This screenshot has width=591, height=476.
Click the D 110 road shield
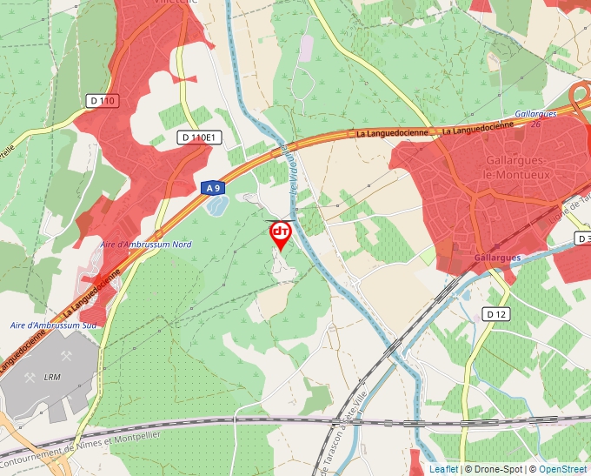pyautogui.click(x=102, y=101)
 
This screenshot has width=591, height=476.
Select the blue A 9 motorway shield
pyautogui.click(x=214, y=187)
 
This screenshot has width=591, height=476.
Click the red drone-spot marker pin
pyautogui.click(x=281, y=233)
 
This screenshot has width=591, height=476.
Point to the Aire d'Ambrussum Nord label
pyautogui.click(x=145, y=245)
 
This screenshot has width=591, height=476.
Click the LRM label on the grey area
pyautogui.click(x=52, y=378)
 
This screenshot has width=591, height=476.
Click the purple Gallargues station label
pyautogui.click(x=497, y=258)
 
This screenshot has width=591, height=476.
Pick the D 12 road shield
pyautogui.click(x=496, y=313)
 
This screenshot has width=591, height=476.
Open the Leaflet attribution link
pyautogui.click(x=443, y=469)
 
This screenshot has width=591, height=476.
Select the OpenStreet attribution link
pyautogui.click(x=564, y=469)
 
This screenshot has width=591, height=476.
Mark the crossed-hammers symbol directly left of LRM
pyautogui.click(x=30, y=378)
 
